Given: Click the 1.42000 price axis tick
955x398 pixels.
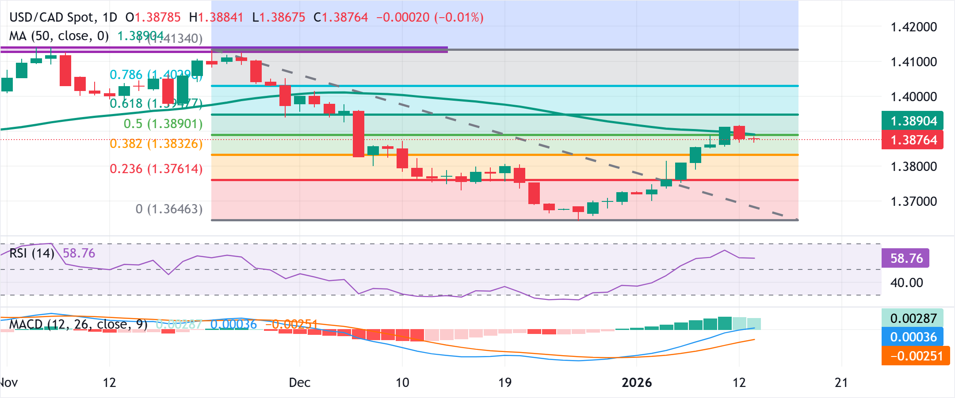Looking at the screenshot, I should pyautogui.click(x=913, y=27).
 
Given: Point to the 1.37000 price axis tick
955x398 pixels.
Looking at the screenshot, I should pyautogui.click(x=913, y=201).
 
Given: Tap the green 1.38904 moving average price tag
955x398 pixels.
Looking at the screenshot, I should pyautogui.click(x=913, y=121).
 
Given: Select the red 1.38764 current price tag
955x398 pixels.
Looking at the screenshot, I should pyautogui.click(x=913, y=140).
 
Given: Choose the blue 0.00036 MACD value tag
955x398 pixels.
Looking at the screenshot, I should pyautogui.click(x=913, y=337).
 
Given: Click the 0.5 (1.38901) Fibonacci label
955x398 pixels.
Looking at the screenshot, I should pyautogui.click(x=163, y=124).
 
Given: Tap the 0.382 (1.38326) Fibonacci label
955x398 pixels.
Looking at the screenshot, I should pyautogui.click(x=156, y=144).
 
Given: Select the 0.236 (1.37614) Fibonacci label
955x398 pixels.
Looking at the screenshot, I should pyautogui.click(x=156, y=169).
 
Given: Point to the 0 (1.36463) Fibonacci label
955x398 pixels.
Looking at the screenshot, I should pyautogui.click(x=169, y=209).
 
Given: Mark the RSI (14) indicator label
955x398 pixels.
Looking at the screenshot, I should pyautogui.click(x=31, y=253).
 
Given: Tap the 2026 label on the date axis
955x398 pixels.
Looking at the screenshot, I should pyautogui.click(x=637, y=383).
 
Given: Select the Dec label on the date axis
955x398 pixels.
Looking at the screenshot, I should pyautogui.click(x=299, y=383).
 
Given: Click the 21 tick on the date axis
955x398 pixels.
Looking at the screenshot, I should pyautogui.click(x=841, y=383).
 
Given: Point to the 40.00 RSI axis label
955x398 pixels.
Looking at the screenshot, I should pyautogui.click(x=906, y=283).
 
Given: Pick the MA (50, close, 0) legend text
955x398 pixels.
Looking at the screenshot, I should pyautogui.click(x=59, y=36).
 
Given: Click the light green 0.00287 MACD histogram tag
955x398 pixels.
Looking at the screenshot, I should pyautogui.click(x=913, y=318).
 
